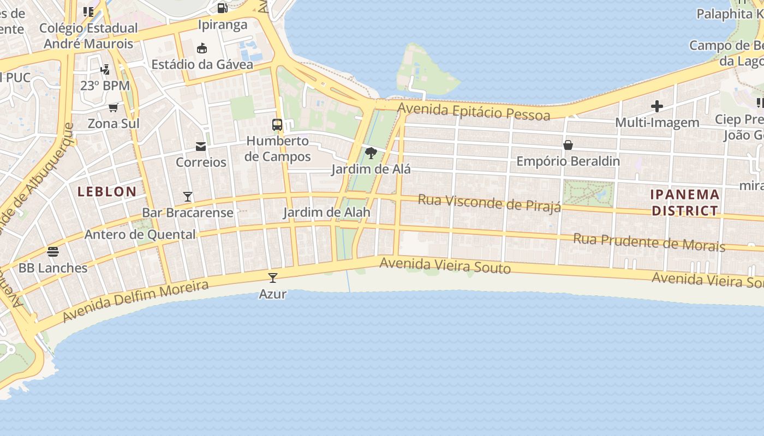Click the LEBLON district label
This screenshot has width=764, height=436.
[107, 192]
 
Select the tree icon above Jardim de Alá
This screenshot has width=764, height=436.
[371, 153]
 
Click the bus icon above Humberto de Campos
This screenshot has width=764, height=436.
[277, 125]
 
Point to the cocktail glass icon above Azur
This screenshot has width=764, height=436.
[273, 278]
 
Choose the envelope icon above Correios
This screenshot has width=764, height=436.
[201, 146]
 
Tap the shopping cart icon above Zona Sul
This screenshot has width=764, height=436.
[114, 107]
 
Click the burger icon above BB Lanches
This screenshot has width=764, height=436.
[53, 252]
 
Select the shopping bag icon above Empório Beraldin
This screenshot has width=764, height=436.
[568, 145]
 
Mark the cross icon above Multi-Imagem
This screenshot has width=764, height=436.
[657, 106]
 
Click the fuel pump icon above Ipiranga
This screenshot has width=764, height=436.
[222, 8]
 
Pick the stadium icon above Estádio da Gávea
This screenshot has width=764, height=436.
[202, 48]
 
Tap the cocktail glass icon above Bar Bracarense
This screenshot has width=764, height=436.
[188, 196]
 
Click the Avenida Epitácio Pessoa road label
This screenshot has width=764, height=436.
[474, 111]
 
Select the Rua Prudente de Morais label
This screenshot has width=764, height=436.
[649, 243]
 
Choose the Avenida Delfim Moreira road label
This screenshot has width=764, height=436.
[135, 301]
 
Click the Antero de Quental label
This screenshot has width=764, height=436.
[140, 235]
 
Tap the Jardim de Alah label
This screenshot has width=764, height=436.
[326, 213]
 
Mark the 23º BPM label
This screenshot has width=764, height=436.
[105, 86]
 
